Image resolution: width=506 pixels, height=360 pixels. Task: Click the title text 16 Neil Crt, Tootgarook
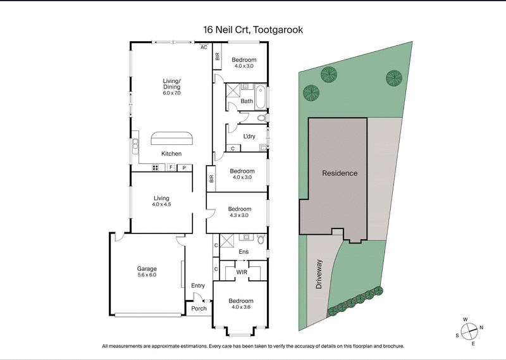(x=252, y=30)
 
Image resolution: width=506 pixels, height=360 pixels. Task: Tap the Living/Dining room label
(x=171, y=86)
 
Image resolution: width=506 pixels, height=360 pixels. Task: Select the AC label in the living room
(x=204, y=47)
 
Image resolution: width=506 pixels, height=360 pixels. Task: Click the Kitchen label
(x=171, y=154)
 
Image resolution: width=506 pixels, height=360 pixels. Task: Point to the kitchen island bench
(x=171, y=139)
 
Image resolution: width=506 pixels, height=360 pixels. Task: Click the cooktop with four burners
(x=156, y=168)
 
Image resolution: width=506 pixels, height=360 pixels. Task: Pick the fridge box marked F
(x=171, y=168)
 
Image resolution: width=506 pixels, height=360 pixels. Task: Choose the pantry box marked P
(x=185, y=168)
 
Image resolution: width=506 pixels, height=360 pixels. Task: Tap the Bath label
(x=246, y=101)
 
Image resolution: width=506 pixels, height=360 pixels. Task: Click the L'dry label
(x=249, y=136)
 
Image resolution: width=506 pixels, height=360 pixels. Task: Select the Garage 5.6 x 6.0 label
(x=147, y=271)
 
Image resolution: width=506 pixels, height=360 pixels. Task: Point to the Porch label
(x=199, y=309)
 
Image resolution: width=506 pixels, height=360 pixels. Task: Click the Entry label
(x=198, y=285)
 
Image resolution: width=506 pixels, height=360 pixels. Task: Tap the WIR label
(x=242, y=272)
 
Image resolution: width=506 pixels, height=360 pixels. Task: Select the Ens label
(x=244, y=252)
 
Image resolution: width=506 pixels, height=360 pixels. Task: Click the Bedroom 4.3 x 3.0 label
(x=240, y=212)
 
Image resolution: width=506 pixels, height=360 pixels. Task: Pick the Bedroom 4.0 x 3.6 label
(x=241, y=304)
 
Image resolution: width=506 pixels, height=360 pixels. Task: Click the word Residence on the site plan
(x=340, y=173)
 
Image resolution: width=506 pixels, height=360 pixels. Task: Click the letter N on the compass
(x=481, y=327)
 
